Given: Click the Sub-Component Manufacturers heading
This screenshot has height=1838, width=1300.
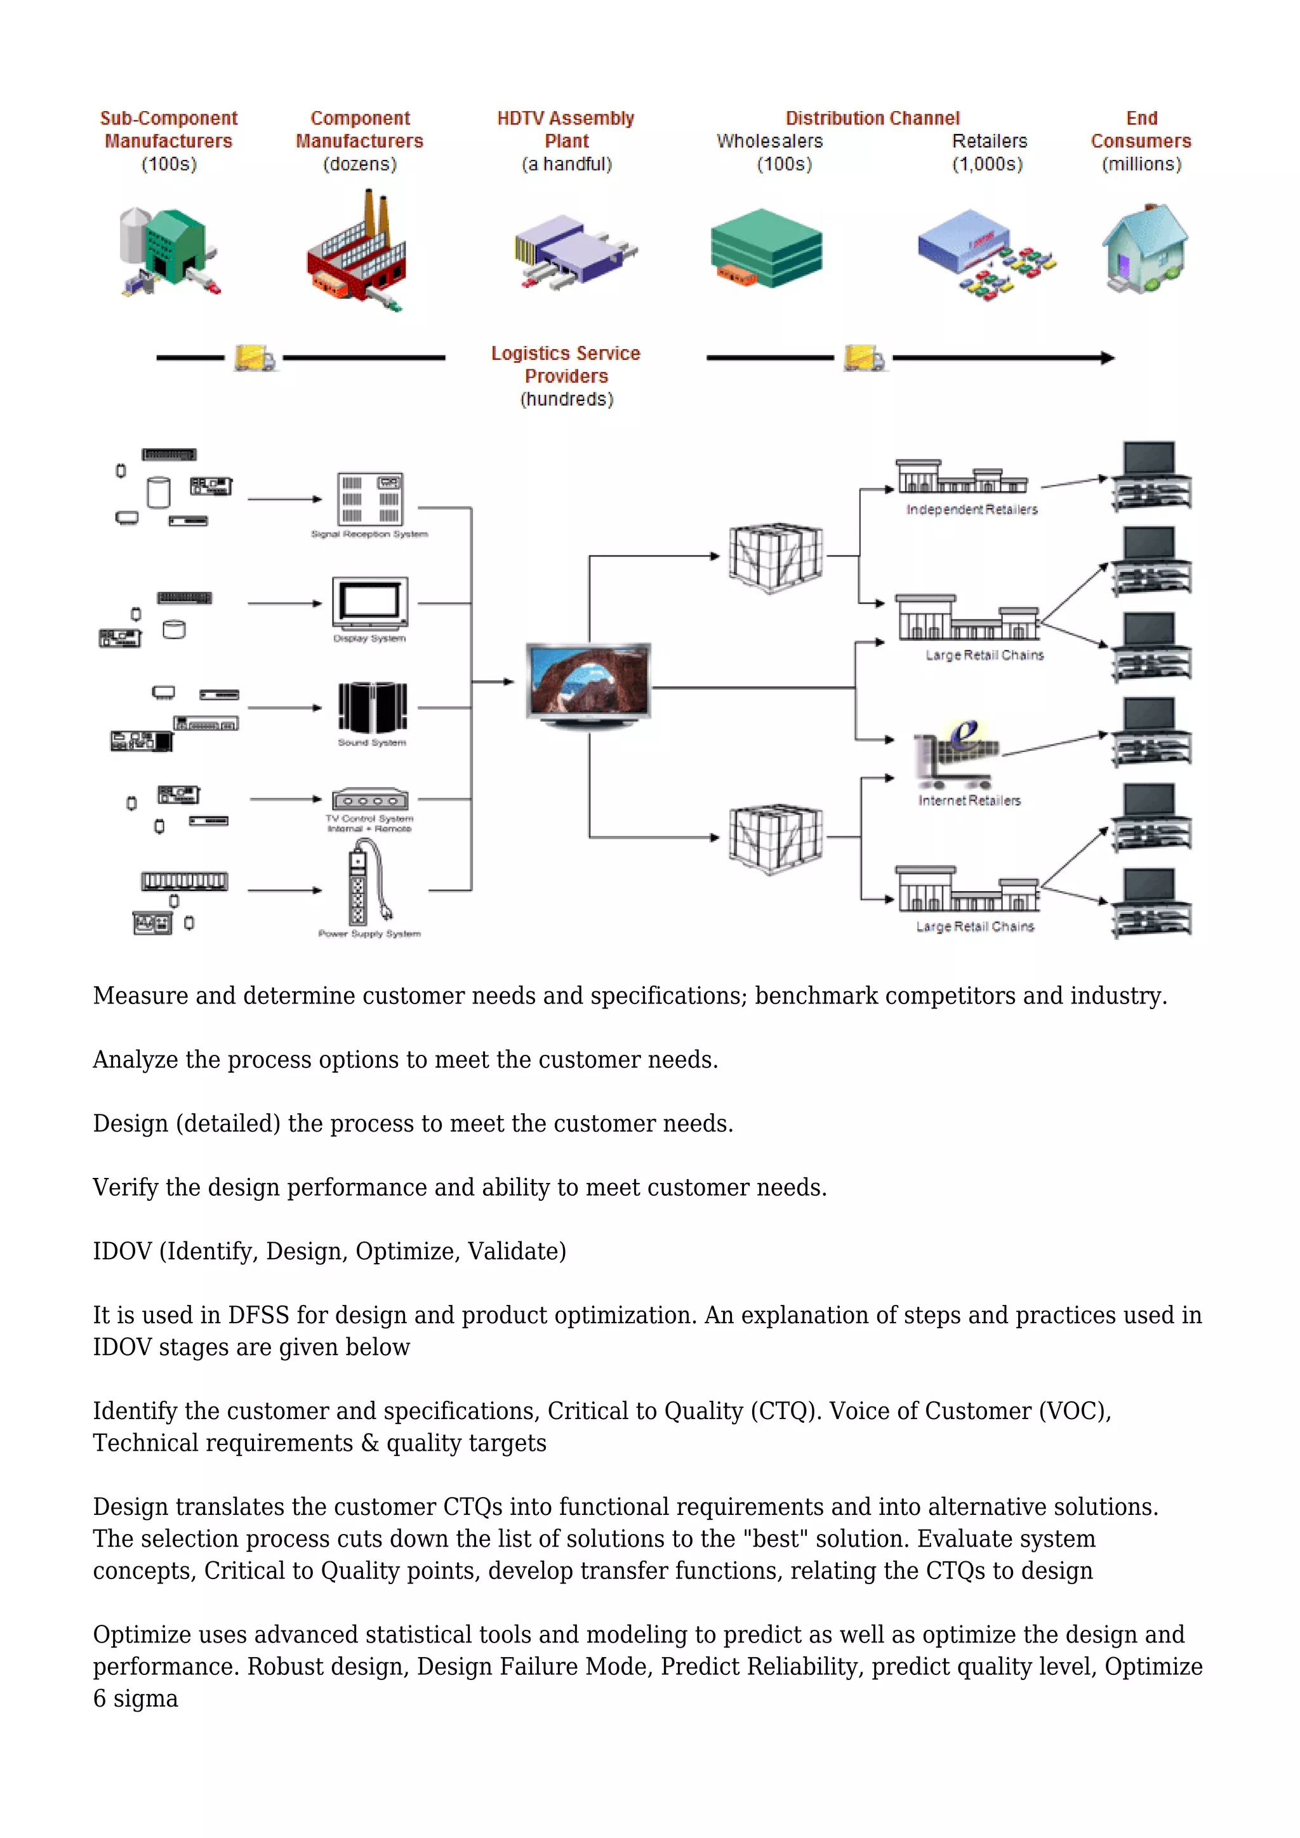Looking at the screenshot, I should point(169,129).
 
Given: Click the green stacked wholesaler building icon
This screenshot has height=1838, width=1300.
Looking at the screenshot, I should point(766,248).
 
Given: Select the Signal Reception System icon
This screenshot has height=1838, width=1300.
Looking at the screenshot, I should point(370,499).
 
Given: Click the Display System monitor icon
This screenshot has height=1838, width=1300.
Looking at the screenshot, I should point(370,604).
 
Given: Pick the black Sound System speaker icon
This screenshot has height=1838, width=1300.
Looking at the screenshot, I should point(372,707).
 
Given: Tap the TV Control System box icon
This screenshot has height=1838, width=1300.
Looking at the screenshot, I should point(370,799).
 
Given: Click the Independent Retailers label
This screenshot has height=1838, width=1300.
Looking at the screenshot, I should point(971,510).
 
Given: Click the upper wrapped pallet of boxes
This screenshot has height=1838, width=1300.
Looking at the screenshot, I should point(775,557).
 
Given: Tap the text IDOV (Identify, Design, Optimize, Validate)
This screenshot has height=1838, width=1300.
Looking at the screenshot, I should point(329,1251).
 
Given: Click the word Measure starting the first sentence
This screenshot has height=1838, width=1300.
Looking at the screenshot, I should point(140,996).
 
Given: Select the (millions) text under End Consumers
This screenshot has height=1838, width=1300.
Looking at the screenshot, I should point(1141,164).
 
